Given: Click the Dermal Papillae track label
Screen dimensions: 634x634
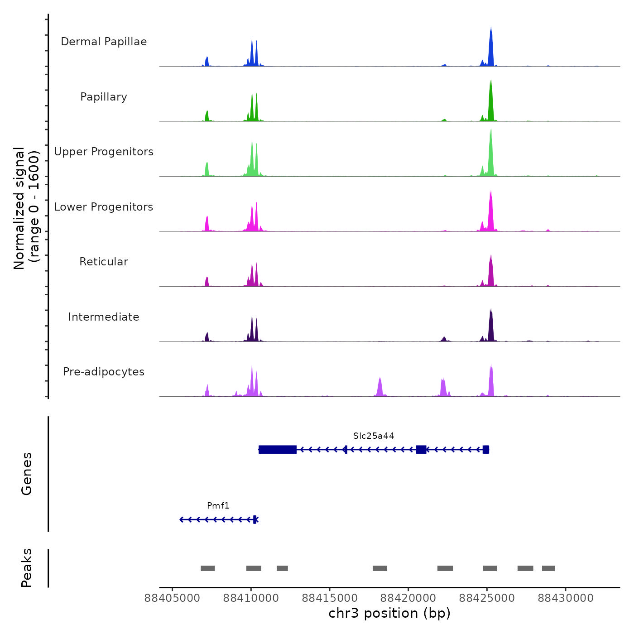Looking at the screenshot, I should [x=104, y=42].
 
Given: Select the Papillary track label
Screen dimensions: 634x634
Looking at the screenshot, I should [x=104, y=97].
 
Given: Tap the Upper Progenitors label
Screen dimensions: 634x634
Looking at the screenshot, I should [x=104, y=152].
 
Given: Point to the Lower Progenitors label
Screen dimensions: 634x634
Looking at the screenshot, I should [x=104, y=207].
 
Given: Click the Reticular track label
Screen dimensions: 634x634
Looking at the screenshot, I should [x=104, y=262].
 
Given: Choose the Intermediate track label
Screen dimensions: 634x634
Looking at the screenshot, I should [x=104, y=317].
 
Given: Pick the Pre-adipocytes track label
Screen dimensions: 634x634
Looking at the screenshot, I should [x=104, y=372].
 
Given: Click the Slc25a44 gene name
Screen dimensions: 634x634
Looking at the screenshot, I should [x=374, y=436].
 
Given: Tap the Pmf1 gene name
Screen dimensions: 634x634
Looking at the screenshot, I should [x=218, y=505].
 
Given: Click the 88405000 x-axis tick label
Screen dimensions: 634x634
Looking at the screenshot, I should [x=172, y=598].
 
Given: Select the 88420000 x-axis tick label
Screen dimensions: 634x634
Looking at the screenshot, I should [x=408, y=598].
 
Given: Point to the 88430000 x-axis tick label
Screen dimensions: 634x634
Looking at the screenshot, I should [x=566, y=598].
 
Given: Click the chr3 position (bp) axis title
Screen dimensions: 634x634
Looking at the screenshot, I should [x=389, y=613].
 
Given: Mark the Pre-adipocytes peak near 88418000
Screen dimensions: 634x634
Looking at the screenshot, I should [x=380, y=388].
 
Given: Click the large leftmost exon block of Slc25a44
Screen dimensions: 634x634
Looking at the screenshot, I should [x=278, y=449].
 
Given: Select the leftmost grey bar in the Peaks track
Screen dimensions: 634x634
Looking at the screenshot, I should [x=208, y=568].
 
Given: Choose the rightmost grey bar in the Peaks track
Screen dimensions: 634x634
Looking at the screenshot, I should [x=548, y=568].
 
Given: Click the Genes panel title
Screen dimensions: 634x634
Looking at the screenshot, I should [x=27, y=474].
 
